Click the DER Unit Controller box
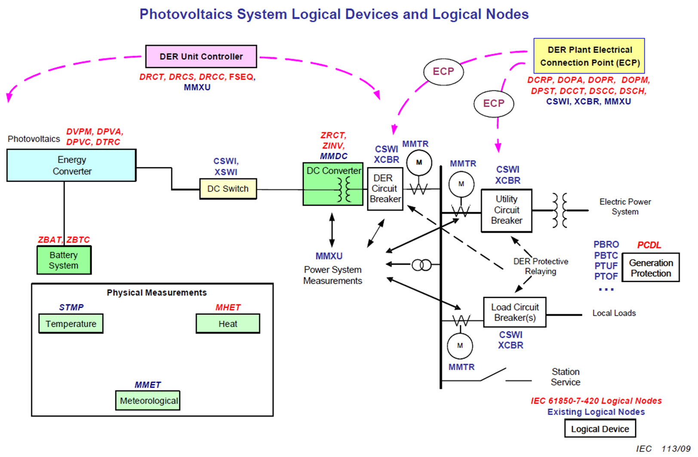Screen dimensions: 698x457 click(x=201, y=56)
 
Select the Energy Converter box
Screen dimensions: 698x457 click(x=71, y=165)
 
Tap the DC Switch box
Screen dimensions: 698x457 click(x=228, y=189)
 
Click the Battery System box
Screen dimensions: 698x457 click(x=64, y=260)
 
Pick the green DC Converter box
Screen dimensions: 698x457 click(x=333, y=184)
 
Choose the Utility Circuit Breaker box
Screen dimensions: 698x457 click(x=506, y=210)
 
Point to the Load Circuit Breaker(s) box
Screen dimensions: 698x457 click(x=515, y=312)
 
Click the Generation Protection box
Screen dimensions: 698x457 click(x=651, y=268)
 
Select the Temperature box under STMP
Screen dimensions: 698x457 click(x=71, y=324)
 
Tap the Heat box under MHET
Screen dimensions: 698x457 click(x=228, y=324)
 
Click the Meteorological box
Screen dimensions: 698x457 click(x=148, y=400)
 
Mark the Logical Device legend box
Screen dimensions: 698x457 click(x=600, y=429)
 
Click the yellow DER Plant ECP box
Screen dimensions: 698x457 click(x=589, y=56)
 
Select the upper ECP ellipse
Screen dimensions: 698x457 click(x=443, y=72)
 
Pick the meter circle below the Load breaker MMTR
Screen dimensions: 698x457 click(x=460, y=346)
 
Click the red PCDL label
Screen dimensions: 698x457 click(x=649, y=245)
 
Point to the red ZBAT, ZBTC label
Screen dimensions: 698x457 click(x=64, y=240)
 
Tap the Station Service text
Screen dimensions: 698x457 click(x=566, y=377)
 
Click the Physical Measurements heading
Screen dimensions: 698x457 click(x=157, y=293)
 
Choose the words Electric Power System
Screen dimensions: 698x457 click(x=625, y=207)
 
